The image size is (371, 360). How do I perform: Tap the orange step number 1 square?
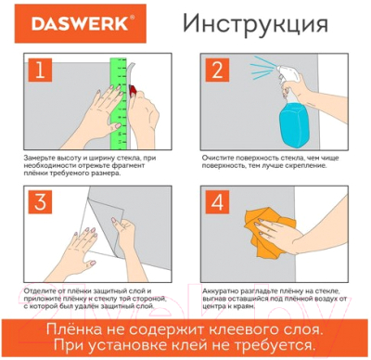[x=38, y=71]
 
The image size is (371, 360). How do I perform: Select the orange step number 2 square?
[x=219, y=71]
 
